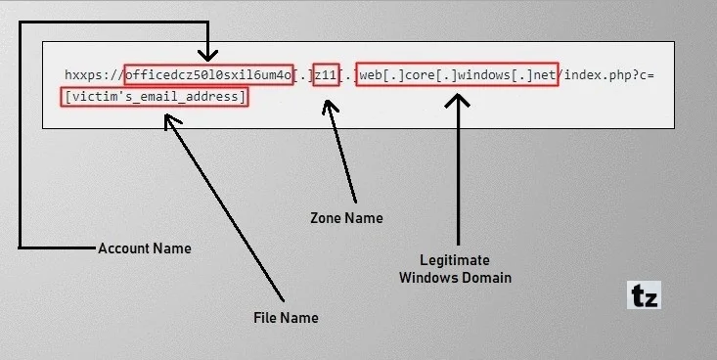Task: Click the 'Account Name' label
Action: pyautogui.click(x=144, y=248)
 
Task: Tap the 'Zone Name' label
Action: pyautogui.click(x=346, y=218)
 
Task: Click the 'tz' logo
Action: pyautogui.click(x=643, y=295)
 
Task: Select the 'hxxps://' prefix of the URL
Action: pyautogui.click(x=93, y=75)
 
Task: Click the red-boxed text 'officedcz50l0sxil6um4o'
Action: pyautogui.click(x=208, y=75)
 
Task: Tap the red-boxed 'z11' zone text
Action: pyautogui.click(x=326, y=75)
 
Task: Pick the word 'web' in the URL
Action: pyautogui.click(x=371, y=75)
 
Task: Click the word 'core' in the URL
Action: pyautogui.click(x=422, y=75)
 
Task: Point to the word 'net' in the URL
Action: pyautogui.click(x=544, y=75)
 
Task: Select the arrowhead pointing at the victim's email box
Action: pyautogui.click(x=172, y=120)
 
